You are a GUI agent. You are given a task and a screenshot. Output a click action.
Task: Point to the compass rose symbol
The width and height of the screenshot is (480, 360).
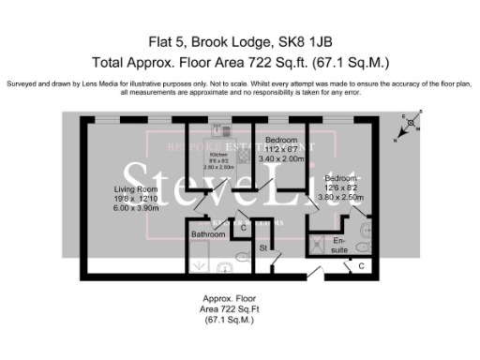(x=411, y=124)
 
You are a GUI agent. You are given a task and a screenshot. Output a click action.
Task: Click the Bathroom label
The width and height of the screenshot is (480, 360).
(x=207, y=233)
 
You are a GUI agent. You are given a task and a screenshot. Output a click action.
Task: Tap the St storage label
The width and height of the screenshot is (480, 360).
(x=263, y=248)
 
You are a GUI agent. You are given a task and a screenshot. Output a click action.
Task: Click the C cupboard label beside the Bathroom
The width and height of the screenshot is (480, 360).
(x=244, y=228)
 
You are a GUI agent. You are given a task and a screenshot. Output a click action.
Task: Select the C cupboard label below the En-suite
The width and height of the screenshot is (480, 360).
(x=361, y=267)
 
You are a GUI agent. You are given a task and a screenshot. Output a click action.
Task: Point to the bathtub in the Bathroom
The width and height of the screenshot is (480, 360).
(x=200, y=256)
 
